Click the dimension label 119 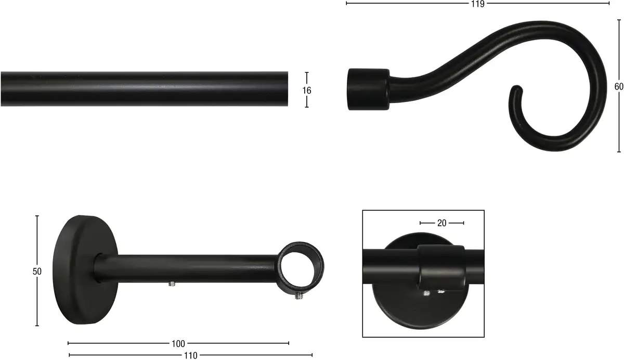pos(478,4)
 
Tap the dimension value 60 pos(619,87)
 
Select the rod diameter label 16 pos(307,91)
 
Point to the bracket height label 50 pos(37,272)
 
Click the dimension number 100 pos(178,344)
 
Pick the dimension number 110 pos(190,355)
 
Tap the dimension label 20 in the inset pos(442,223)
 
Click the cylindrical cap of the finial pos(368,89)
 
